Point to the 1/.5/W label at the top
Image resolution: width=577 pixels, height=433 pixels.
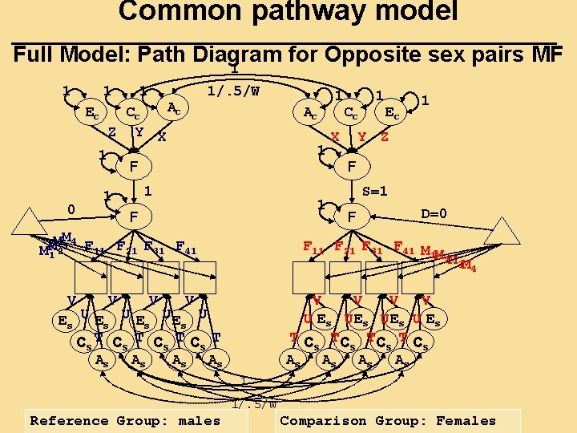pos(232,91)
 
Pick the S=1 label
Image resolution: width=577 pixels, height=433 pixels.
pos(374,192)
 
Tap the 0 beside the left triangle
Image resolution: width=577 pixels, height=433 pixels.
pos(71,210)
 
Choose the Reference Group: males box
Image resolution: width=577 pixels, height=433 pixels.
pos(124,420)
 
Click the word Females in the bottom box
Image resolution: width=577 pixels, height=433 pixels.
pos(466,420)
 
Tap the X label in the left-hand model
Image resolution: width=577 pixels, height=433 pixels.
pos(162,137)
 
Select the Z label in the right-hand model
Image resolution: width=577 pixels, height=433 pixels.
pos(385,137)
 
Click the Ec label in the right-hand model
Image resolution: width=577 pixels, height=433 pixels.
pos(393,113)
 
